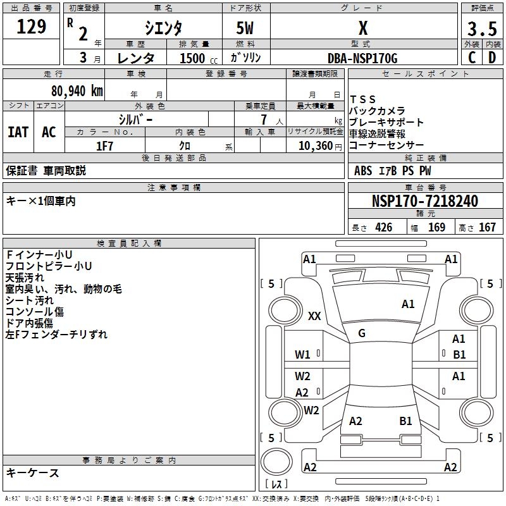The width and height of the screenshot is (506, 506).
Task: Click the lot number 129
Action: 32,27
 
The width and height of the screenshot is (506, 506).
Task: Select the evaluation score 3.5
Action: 481,29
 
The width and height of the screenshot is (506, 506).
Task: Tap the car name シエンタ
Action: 163,28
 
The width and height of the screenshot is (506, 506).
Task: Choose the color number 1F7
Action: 104,146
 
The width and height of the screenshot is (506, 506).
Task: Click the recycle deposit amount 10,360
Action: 316,146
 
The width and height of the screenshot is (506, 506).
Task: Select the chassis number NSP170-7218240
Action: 424,201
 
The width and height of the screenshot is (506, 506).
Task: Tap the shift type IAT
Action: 18,132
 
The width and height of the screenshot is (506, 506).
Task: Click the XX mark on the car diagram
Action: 314,316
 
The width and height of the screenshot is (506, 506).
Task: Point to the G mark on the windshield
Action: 362,333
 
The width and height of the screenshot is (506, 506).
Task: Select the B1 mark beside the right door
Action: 459,355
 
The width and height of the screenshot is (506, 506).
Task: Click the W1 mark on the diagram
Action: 302,355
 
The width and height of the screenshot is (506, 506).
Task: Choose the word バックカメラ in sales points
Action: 378,111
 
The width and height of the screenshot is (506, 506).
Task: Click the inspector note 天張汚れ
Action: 25,278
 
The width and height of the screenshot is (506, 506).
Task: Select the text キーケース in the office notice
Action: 33,472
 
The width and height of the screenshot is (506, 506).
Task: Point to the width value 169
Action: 436,228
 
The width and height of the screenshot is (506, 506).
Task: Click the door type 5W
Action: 245,29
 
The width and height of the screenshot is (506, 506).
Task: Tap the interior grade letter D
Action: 492,58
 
